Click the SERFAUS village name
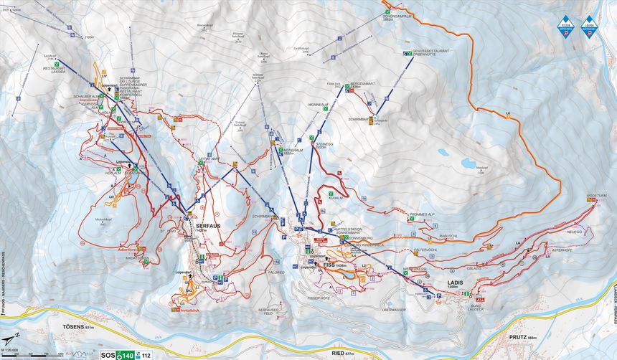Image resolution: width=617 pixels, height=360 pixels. click(208, 224)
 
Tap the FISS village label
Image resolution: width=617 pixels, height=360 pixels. click(330, 265)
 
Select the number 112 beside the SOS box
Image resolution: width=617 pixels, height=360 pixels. click(146, 354)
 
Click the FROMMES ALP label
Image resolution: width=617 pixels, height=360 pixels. click(423, 214)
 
